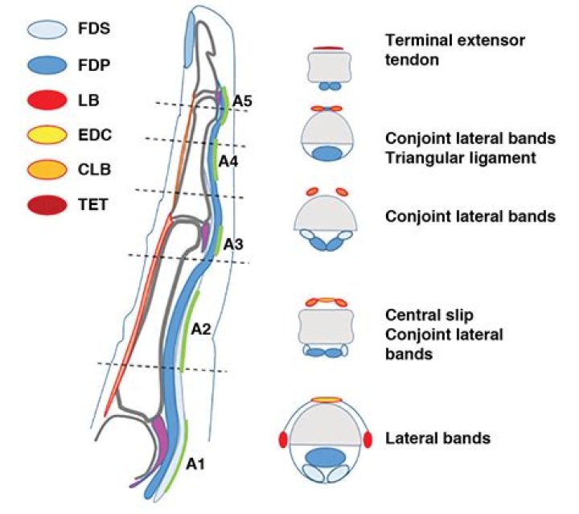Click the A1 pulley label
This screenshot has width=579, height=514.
point(196,464)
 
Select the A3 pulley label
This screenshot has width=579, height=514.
point(233,243)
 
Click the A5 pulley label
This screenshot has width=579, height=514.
point(242,101)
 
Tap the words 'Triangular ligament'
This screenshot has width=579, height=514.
point(460,158)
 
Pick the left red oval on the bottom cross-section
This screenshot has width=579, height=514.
point(282,440)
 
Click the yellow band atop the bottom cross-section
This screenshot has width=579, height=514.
point(326,399)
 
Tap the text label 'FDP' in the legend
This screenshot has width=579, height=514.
point(95,64)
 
